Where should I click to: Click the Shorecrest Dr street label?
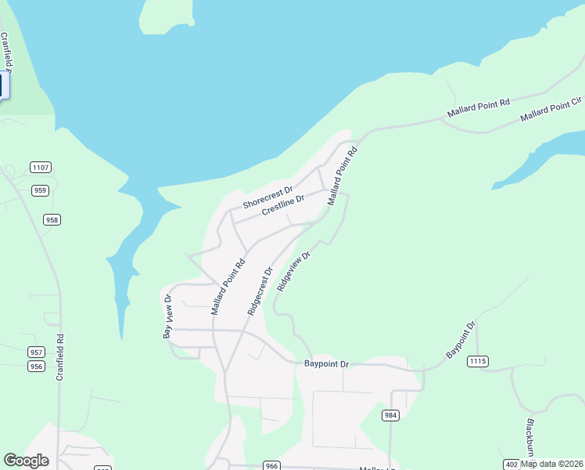pos(267,197)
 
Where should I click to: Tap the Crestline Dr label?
pos(283,208)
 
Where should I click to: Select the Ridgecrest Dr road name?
pos(260,291)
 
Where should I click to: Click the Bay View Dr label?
pos(167,316)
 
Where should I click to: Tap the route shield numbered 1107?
pos(41,167)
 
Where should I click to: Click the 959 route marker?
pos(41,190)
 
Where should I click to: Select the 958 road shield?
pos(52,220)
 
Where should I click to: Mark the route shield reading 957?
pos(36,352)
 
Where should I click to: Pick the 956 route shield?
pos(36,366)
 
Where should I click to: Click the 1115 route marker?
pos(478,361)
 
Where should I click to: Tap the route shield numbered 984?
pos(391,414)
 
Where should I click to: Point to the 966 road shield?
pos(271,465)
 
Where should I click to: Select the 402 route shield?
pos(511,464)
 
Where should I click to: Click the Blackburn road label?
pos(530,436)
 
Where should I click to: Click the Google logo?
pos(26,461)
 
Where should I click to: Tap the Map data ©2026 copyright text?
pos(552,464)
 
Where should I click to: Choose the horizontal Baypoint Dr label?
pos(326,364)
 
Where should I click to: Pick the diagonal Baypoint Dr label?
pos(461,341)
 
